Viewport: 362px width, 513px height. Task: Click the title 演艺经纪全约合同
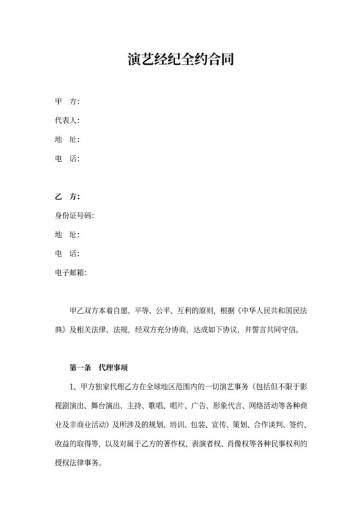pyautogui.click(x=180, y=60)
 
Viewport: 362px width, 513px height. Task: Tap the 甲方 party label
pyautogui.click(x=67, y=102)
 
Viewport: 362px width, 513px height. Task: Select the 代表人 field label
pyautogui.click(x=67, y=120)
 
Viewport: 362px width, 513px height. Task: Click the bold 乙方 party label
pyautogui.click(x=67, y=196)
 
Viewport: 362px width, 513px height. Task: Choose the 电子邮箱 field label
pyautogui.click(x=70, y=272)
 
